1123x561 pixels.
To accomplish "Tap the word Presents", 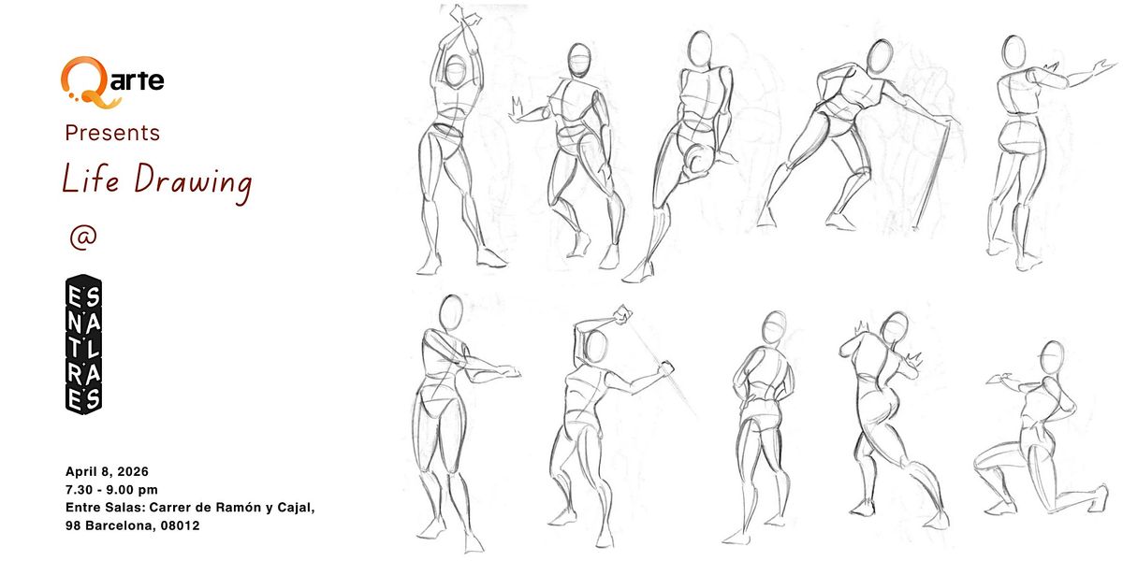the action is click(112, 133).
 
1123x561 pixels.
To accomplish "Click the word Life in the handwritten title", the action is click(91, 179).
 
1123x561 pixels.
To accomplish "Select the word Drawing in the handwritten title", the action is click(194, 183).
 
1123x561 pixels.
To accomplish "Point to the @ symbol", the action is click(83, 237).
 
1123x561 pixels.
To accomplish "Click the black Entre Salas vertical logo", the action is click(83, 345).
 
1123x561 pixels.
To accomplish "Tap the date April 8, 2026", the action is click(107, 471).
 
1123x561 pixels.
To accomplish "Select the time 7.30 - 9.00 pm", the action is click(111, 489).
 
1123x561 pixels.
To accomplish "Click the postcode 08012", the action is click(180, 525).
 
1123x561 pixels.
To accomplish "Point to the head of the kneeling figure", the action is click(1051, 357).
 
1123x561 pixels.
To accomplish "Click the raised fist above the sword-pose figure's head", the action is click(623, 314).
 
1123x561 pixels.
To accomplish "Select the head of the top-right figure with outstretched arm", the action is click(1014, 51).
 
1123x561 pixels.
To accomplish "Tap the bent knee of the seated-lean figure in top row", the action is click(696, 158).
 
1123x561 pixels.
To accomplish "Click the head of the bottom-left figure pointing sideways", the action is click(451, 312).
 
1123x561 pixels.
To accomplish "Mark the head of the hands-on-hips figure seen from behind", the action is click(774, 327).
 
